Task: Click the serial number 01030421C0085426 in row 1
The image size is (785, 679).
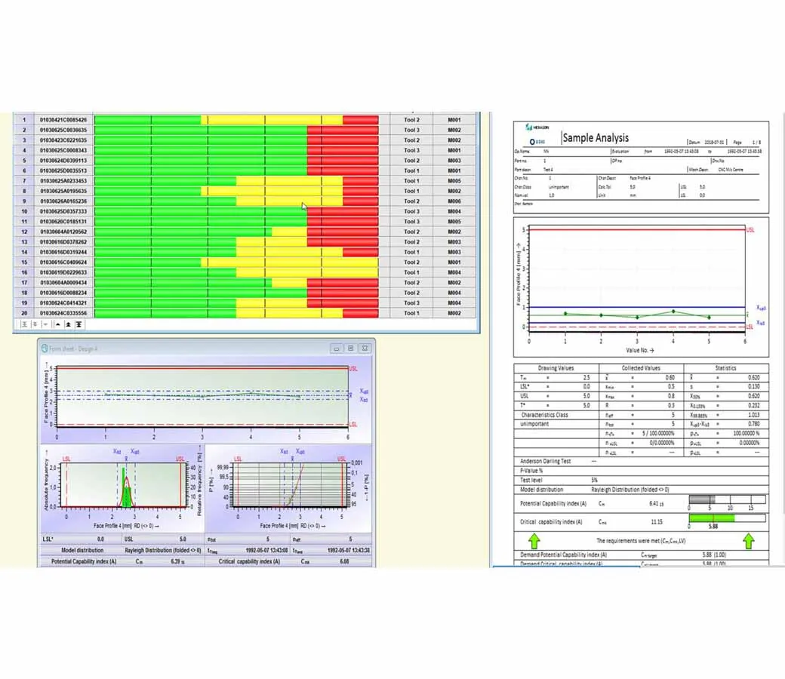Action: [63, 120]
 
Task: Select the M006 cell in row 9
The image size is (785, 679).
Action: [454, 201]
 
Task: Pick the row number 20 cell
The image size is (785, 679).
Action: [24, 313]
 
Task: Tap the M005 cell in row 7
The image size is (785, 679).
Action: [454, 181]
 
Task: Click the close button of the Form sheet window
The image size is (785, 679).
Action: [365, 349]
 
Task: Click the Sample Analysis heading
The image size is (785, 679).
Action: [596, 138]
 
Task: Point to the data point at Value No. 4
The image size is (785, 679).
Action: [673, 312]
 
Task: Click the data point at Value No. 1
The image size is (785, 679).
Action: [565, 314]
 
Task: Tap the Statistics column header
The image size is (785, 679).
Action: [725, 368]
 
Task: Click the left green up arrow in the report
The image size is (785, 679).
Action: [534, 541]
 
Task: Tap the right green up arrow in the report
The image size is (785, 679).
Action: [748, 541]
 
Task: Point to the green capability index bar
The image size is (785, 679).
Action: [712, 518]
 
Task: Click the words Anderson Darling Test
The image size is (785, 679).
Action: [545, 461]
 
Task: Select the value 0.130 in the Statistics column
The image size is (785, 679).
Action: [753, 387]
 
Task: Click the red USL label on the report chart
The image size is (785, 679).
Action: [750, 229]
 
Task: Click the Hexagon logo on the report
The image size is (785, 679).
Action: [537, 128]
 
